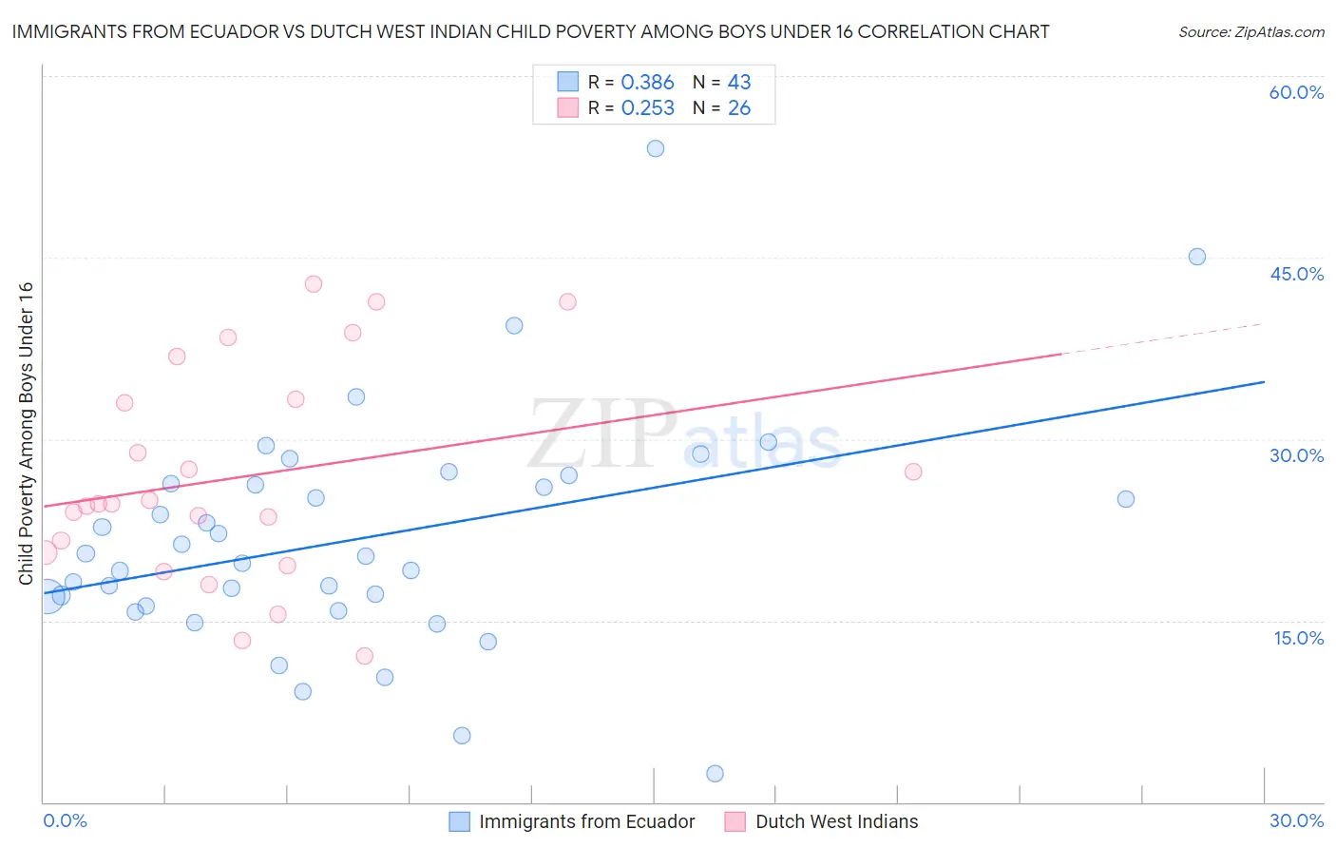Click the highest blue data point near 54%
pyautogui.click(x=656, y=148)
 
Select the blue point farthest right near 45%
pyautogui.click(x=1197, y=257)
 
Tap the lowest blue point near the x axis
pyautogui.click(x=716, y=774)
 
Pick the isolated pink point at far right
pyautogui.click(x=913, y=472)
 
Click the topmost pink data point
pyautogui.click(x=314, y=283)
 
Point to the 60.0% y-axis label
pyautogui.click(x=1296, y=92)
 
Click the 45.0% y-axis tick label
pyautogui.click(x=1296, y=274)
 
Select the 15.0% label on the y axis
pyautogui.click(x=1298, y=638)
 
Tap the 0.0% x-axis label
pyautogui.click(x=65, y=820)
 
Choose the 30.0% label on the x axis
pyautogui.click(x=1296, y=820)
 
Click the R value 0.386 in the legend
pyautogui.click(x=647, y=83)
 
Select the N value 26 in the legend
pyautogui.click(x=739, y=108)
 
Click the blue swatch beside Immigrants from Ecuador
pyautogui.click(x=459, y=821)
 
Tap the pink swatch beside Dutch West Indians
pyautogui.click(x=735, y=821)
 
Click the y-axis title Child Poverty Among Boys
pyautogui.click(x=26, y=434)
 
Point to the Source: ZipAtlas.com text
pyautogui.click(x=1250, y=32)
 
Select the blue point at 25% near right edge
pyautogui.click(x=1126, y=499)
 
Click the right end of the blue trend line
pyautogui.click(x=1264, y=382)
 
